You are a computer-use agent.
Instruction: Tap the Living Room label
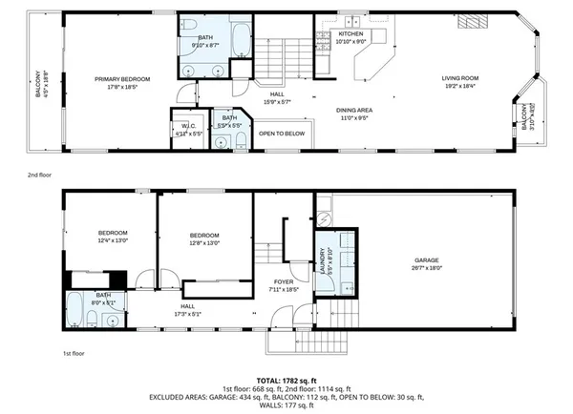click(459, 79)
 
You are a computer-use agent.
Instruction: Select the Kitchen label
click(351, 34)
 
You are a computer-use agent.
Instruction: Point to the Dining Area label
click(353, 111)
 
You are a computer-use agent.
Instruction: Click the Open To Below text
click(283, 134)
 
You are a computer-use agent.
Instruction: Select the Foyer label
click(284, 281)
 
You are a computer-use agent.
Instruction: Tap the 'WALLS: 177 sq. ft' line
click(286, 404)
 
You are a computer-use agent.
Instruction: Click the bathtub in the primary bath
click(240, 43)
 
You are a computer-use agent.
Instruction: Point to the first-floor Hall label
click(188, 307)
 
